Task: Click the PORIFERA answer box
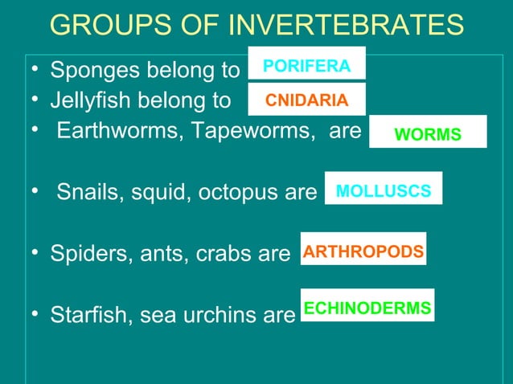click(x=306, y=64)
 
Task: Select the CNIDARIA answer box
click(x=306, y=100)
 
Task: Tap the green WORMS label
click(x=428, y=133)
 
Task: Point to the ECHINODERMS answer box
click(x=367, y=307)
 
